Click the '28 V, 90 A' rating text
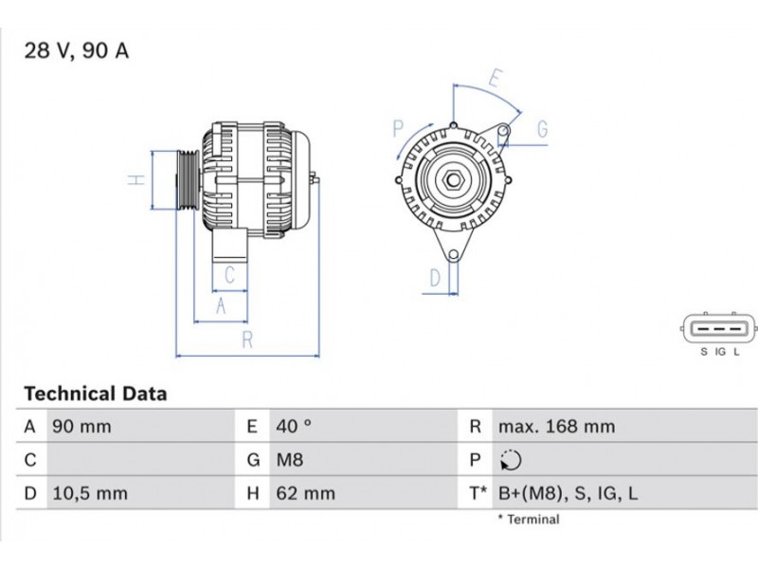[77, 51]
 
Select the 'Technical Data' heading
[96, 394]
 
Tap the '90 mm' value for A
[81, 427]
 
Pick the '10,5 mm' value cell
[90, 493]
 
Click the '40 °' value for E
[294, 426]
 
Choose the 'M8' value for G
[290, 460]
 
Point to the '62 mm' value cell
[305, 493]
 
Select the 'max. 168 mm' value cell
[556, 427]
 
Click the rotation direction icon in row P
[511, 460]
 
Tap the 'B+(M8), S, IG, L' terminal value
[568, 493]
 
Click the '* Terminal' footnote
[529, 520]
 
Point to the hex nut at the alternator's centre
[453, 180]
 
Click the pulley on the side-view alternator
[188, 180]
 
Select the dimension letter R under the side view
[247, 340]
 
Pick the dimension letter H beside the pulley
[136, 180]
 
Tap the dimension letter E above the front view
[495, 79]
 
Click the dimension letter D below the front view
[435, 278]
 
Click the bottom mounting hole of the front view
[453, 255]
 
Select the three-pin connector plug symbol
[718, 329]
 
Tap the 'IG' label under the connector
[720, 352]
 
